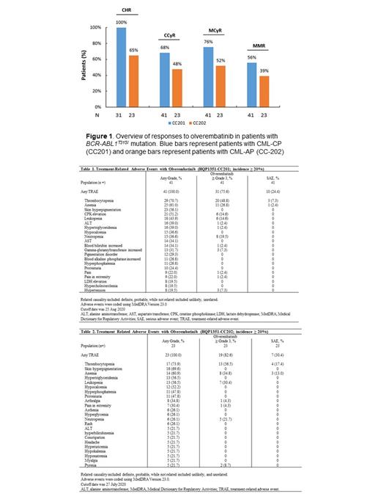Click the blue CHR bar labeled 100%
[x=121, y=68]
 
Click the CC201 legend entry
[x=177, y=125]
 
